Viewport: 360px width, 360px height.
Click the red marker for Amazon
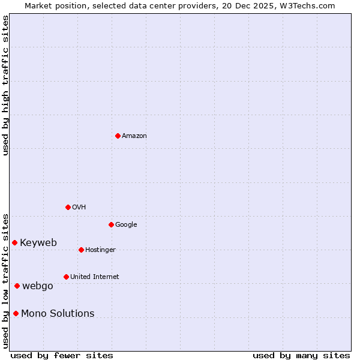(x=118, y=136)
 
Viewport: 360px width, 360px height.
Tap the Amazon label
(x=134, y=136)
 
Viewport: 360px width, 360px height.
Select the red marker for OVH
(x=68, y=207)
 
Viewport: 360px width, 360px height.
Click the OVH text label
(x=79, y=208)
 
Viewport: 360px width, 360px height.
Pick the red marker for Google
(x=111, y=224)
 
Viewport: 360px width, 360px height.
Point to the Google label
(x=126, y=225)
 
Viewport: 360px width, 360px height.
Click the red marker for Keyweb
(x=14, y=242)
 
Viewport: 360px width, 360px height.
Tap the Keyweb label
(x=38, y=243)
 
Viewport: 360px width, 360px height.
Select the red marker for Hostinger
(x=81, y=250)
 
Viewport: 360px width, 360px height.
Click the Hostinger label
(x=100, y=250)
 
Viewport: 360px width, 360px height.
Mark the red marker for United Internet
(x=66, y=277)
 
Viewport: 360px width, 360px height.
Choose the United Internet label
(x=95, y=277)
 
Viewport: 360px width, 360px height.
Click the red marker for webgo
(x=17, y=286)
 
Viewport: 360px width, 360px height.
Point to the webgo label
(x=38, y=286)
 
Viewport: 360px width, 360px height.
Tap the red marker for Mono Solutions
(x=16, y=313)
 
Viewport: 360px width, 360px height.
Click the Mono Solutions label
(x=58, y=314)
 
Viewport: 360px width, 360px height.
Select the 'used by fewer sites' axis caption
(x=62, y=356)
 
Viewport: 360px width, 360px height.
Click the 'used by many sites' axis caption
(x=301, y=356)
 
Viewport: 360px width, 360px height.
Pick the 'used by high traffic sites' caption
(x=6, y=86)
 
